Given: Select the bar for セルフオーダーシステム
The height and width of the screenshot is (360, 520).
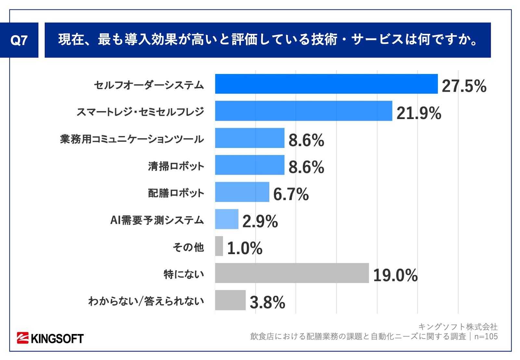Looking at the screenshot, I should pyautogui.click(x=326, y=84).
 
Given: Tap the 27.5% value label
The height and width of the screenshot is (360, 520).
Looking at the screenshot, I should pyautogui.click(x=464, y=86).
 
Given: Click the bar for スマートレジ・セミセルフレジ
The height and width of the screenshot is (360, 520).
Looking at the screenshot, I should pyautogui.click(x=303, y=111).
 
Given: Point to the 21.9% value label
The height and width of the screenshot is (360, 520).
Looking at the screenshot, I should pyautogui.click(x=419, y=113).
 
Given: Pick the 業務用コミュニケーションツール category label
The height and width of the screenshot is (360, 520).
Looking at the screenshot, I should pyautogui.click(x=132, y=139).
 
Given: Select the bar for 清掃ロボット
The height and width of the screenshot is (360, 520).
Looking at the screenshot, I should pyautogui.click(x=249, y=165).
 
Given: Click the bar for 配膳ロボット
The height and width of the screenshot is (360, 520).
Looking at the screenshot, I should pyautogui.click(x=242, y=192).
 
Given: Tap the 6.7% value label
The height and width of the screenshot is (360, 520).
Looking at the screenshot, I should pyautogui.click(x=291, y=194).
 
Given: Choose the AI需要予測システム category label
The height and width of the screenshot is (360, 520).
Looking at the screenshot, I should pyautogui.click(x=157, y=220).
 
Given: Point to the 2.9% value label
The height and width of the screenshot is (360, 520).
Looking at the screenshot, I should pyautogui.click(x=260, y=222).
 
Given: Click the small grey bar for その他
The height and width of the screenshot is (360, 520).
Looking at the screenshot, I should pyautogui.click(x=219, y=246).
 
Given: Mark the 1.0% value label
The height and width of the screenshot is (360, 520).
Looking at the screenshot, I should pyautogui.click(x=245, y=249).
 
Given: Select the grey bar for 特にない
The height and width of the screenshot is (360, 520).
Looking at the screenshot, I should pyautogui.click(x=292, y=273).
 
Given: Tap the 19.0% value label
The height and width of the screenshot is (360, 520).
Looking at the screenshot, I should pyautogui.click(x=395, y=276).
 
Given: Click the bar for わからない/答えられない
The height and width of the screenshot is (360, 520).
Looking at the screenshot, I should pyautogui.click(x=230, y=300).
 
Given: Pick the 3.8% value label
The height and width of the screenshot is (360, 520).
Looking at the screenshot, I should pyautogui.click(x=267, y=302).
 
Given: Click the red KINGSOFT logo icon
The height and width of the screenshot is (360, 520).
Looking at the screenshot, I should pyautogui.click(x=23, y=338).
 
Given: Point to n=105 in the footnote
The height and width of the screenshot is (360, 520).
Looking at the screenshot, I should pyautogui.click(x=486, y=336).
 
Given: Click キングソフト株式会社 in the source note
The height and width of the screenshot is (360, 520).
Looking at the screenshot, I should pyautogui.click(x=458, y=326).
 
